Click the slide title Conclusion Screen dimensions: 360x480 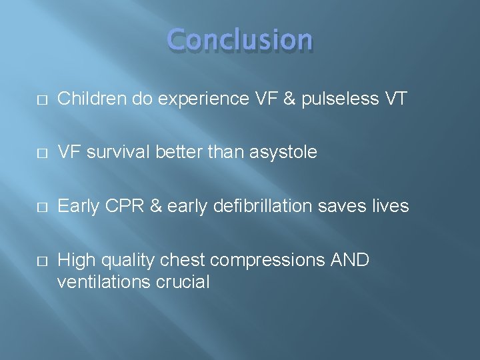point(240,41)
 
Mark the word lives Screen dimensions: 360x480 point(389,206)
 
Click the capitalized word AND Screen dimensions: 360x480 point(350,259)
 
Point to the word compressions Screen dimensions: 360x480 point(270,259)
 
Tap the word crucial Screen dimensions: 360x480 point(183,281)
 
